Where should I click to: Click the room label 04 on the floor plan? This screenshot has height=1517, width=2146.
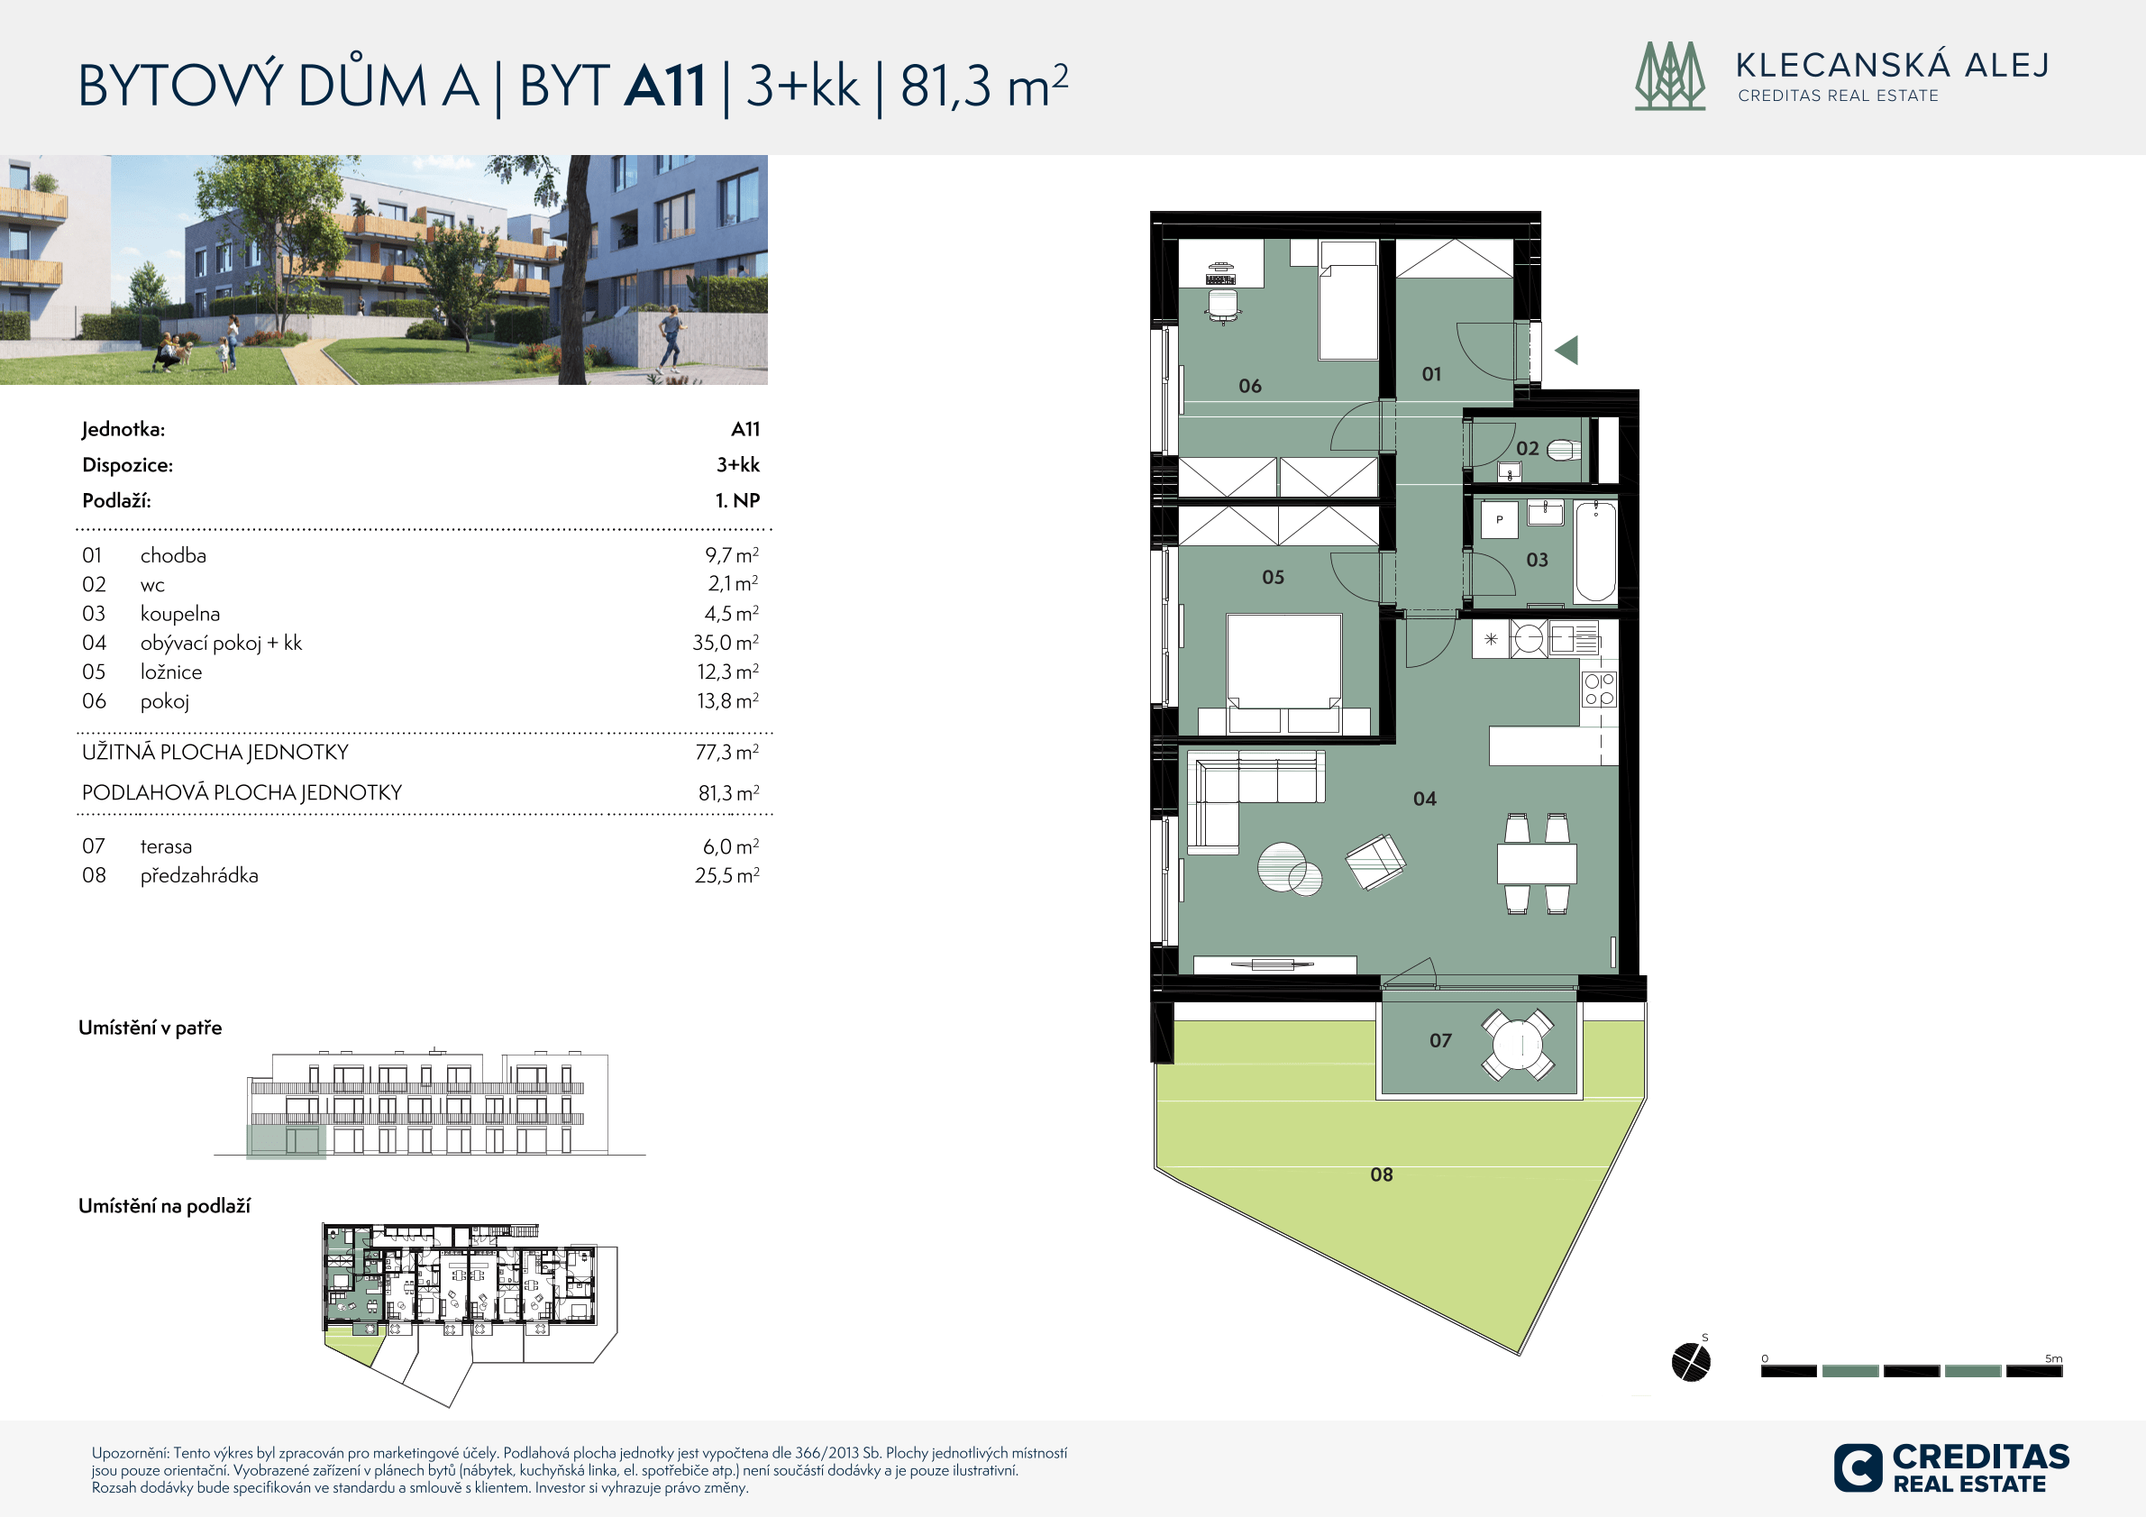pyautogui.click(x=1424, y=799)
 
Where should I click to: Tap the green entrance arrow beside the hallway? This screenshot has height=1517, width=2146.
pyautogui.click(x=1567, y=350)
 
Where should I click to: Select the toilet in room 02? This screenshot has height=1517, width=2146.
pyautogui.click(x=1564, y=451)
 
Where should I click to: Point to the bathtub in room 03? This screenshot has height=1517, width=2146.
pyautogui.click(x=1595, y=552)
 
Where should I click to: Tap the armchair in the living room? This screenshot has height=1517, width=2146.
pyautogui.click(x=1374, y=861)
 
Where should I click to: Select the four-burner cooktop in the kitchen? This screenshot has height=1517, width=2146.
pyautogui.click(x=1599, y=689)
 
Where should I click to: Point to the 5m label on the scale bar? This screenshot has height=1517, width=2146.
pyautogui.click(x=2053, y=1358)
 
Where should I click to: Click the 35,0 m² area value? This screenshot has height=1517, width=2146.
pyautogui.click(x=726, y=642)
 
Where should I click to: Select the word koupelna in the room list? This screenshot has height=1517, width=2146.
pyautogui.click(x=180, y=614)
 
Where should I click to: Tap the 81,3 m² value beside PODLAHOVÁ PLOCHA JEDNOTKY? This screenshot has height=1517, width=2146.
pyautogui.click(x=729, y=792)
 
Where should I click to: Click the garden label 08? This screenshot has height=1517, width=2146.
pyautogui.click(x=1382, y=1174)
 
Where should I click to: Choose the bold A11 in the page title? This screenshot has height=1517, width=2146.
pyautogui.click(x=664, y=85)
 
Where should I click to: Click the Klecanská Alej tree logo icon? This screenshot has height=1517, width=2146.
pyautogui.click(x=1670, y=76)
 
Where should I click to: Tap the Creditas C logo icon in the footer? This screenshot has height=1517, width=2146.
pyautogui.click(x=1858, y=1467)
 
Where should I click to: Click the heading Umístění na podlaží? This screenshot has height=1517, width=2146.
pyautogui.click(x=165, y=1206)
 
